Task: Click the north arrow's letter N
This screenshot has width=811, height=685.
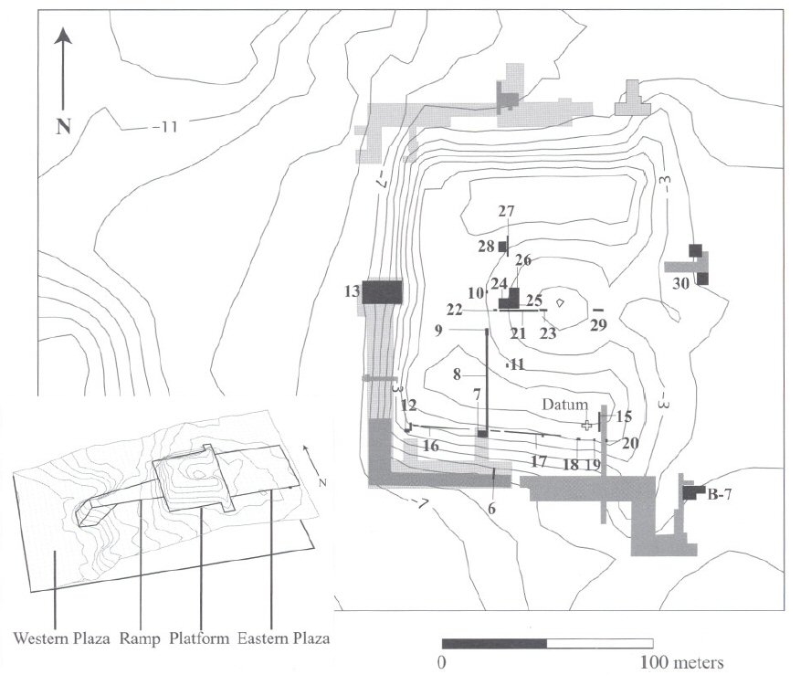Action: pos(63,126)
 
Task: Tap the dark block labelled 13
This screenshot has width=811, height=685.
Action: pos(382,292)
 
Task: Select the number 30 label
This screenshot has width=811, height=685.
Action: pos(681,283)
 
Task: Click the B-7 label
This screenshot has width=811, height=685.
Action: pos(720,495)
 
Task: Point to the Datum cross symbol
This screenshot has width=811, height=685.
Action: pos(586,426)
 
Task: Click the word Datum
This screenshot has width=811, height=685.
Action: pos(564,404)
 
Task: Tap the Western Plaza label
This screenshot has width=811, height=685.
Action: pos(61,638)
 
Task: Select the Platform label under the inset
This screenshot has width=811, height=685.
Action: pos(199,638)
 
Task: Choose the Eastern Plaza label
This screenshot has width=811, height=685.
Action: pos(283,638)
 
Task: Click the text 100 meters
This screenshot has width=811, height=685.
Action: pos(681,663)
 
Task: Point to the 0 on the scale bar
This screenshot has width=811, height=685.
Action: pos(441,663)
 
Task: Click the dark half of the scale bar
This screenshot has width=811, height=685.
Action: pos(494,644)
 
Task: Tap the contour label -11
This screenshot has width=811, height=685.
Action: pos(165,127)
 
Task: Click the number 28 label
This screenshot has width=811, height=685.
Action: pos(486,247)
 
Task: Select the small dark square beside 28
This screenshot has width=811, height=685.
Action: pos(502,247)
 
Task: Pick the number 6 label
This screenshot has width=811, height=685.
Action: pos(491,509)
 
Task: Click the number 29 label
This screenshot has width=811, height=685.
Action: pos(598,325)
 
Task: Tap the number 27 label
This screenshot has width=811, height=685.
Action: pos(507,211)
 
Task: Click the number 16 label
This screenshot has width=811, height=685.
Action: pos(431,446)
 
